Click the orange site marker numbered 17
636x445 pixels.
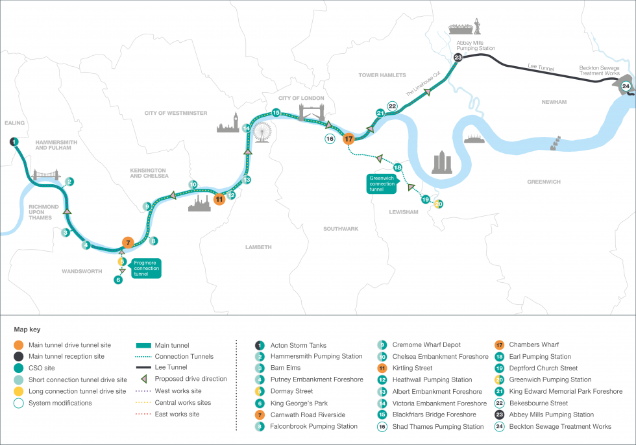click(349, 138)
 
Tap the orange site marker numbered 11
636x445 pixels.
click(219, 198)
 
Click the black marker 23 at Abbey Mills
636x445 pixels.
click(458, 58)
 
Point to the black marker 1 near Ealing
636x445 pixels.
click(14, 141)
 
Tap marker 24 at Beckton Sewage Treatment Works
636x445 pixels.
click(626, 86)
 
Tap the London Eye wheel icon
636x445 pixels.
click(261, 132)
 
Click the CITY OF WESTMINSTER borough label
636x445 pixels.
click(176, 113)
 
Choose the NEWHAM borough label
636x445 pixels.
click(552, 102)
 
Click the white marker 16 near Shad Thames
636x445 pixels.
click(330, 139)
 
